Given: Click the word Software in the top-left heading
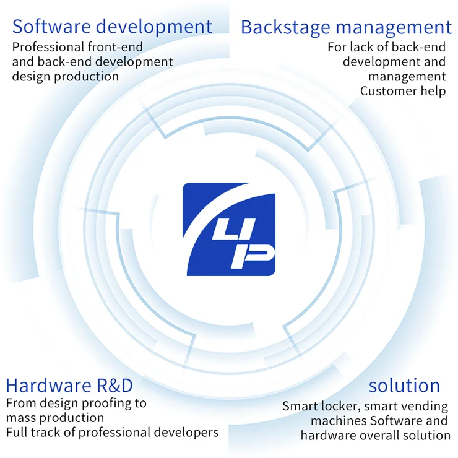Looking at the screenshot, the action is click(45, 27).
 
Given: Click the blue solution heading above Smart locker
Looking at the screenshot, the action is click(404, 386).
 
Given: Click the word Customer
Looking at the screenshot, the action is click(386, 91).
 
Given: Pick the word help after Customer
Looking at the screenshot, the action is click(431, 91).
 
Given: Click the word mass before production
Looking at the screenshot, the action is click(20, 418).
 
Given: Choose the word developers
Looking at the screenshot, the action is click(186, 433).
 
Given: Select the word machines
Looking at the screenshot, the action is click(336, 421).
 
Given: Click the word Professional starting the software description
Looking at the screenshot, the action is click(47, 47).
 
